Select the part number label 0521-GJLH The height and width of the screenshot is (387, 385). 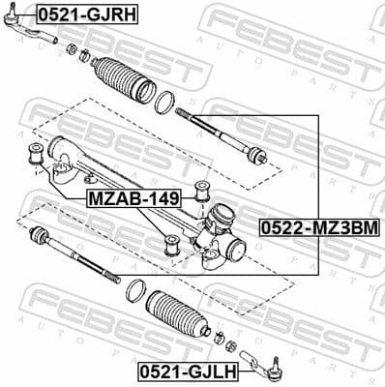[x=187, y=370]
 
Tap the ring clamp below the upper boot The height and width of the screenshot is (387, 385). [x=165, y=100]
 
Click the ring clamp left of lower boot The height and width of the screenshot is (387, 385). [x=136, y=289]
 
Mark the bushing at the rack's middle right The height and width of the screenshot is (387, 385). [x=202, y=189]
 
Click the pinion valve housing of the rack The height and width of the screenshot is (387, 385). [x=219, y=235]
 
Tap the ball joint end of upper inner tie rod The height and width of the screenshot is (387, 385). [x=256, y=156]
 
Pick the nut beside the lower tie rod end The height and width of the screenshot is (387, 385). [x=220, y=338]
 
